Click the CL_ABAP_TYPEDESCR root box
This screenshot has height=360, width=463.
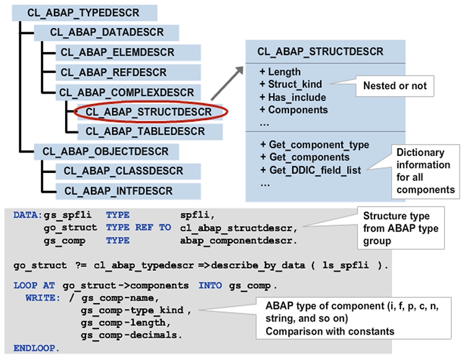tap(84, 13)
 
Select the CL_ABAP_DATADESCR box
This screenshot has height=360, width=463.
tap(106, 33)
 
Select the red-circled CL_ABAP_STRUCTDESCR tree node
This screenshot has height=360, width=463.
tap(148, 112)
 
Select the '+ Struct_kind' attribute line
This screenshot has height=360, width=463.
tap(295, 84)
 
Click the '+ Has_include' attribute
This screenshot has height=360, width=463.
tap(293, 97)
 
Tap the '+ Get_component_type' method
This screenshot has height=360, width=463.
tap(314, 145)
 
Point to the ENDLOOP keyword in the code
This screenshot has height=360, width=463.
tap(37, 348)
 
